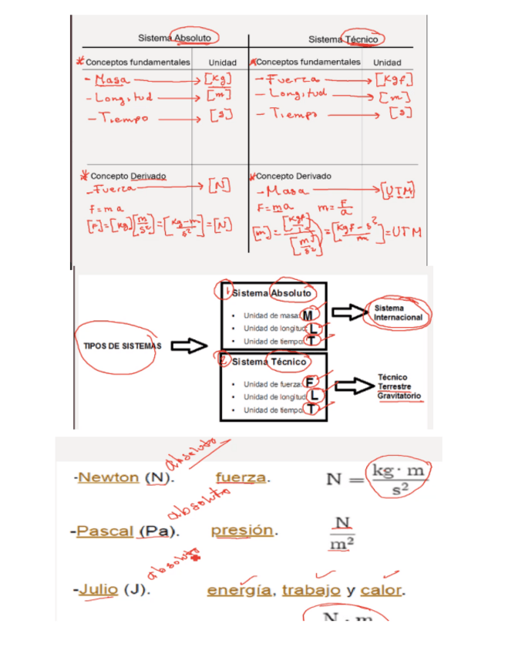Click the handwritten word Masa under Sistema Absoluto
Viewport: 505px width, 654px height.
[109, 79]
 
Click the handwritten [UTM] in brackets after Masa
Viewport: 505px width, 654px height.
[398, 190]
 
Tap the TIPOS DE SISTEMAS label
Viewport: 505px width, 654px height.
[117, 346]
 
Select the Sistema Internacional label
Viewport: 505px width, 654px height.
[398, 312]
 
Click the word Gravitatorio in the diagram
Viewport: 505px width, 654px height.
[399, 396]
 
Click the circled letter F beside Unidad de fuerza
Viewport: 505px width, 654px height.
[311, 383]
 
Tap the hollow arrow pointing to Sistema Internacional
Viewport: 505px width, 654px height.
[346, 312]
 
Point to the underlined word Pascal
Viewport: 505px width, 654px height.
[105, 531]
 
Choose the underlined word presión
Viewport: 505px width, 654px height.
[242, 531]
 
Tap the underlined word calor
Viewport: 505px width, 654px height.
[382, 591]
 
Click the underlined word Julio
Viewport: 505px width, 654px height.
[98, 591]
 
